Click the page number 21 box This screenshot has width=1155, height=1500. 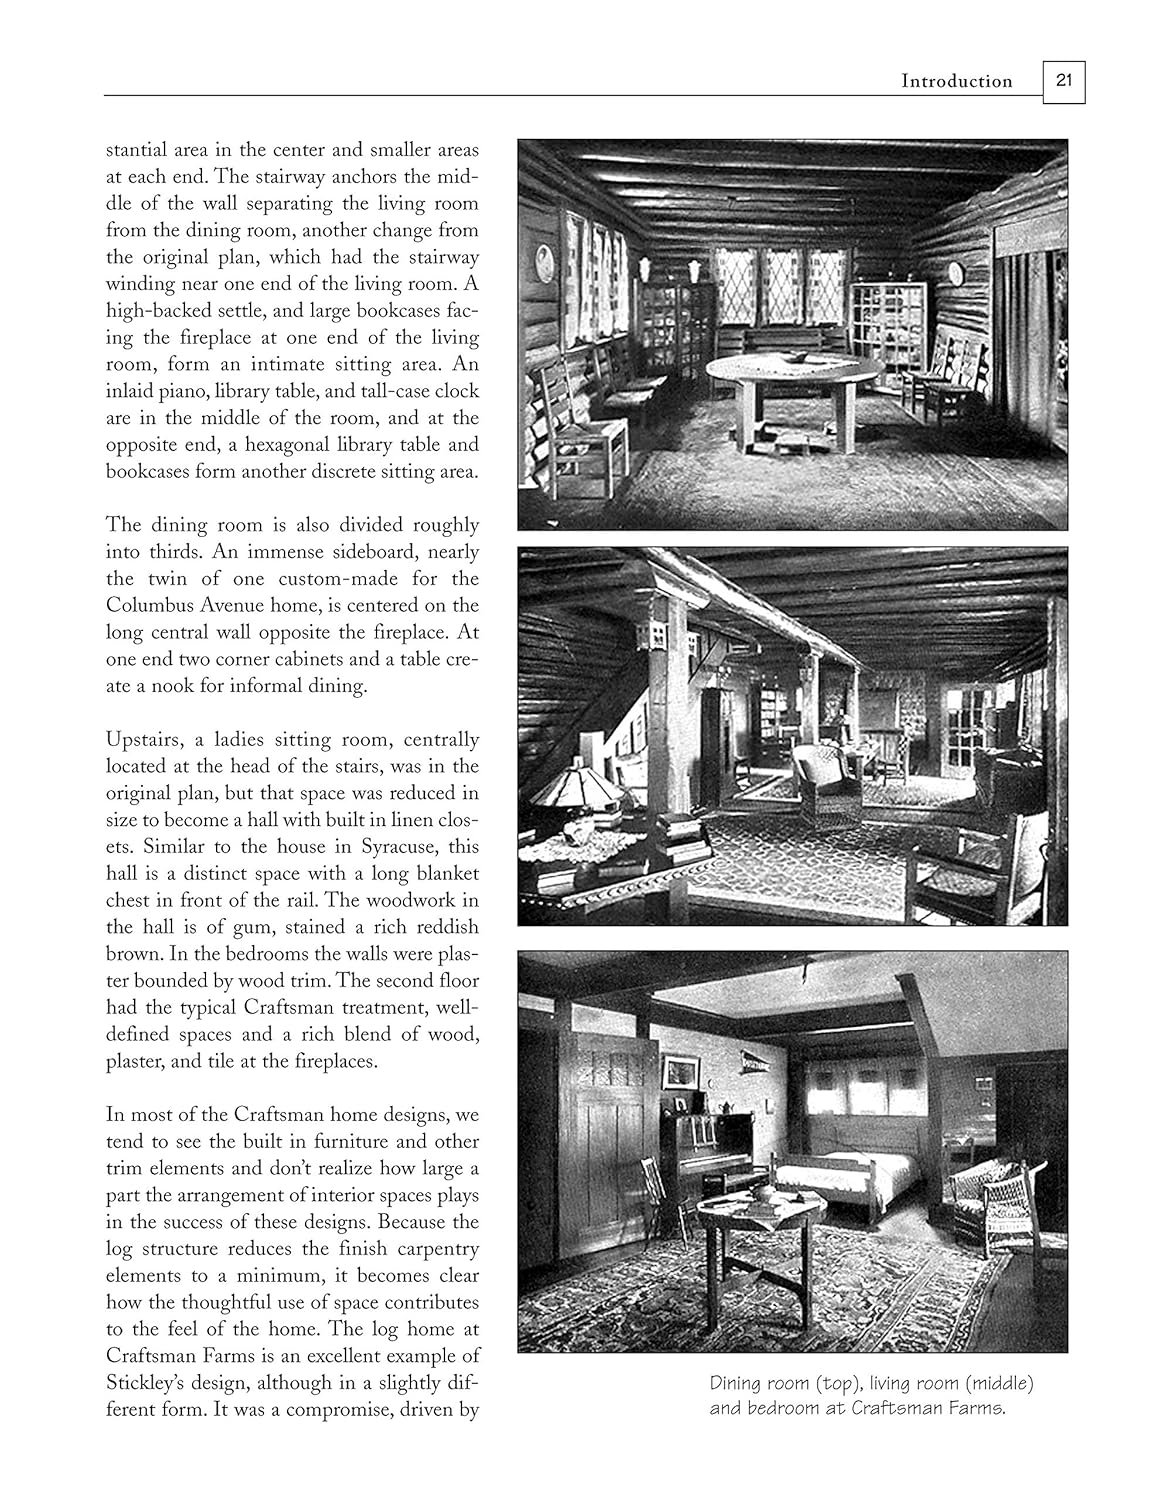pyautogui.click(x=1063, y=81)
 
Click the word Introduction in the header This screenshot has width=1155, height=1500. pyautogui.click(x=957, y=81)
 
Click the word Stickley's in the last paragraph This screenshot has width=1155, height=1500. pyautogui.click(x=147, y=1383)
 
